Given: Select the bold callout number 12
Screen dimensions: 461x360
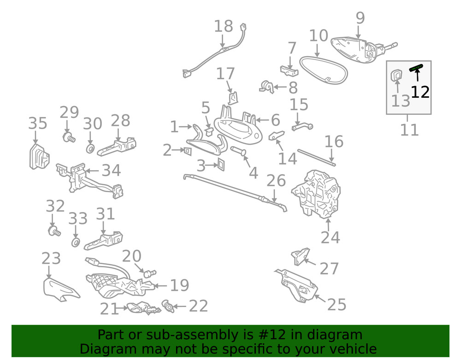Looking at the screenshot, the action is point(420,92).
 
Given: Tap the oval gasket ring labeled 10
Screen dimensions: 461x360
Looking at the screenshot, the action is point(324,70).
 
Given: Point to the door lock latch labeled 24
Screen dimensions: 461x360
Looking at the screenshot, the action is point(316,194).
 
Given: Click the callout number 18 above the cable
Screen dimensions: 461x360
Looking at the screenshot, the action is point(224,26).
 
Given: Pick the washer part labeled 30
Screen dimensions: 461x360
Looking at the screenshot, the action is point(90,148).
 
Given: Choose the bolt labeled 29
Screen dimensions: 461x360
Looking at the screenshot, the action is point(69,137).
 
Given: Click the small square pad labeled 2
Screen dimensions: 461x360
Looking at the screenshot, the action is point(188,151).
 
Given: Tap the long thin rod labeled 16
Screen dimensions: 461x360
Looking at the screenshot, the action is point(316,158).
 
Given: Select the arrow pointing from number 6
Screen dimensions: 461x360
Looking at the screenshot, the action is point(263,120).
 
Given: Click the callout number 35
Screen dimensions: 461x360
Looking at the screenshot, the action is point(38,123).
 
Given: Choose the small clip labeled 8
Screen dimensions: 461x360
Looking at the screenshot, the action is point(267,87).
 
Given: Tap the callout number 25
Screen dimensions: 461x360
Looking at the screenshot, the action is point(337,305).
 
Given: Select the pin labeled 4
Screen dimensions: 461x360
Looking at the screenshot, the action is point(238,151).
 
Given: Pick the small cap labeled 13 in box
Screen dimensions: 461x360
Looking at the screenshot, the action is point(396,75).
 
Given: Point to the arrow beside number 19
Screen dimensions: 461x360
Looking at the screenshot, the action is point(160,285).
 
